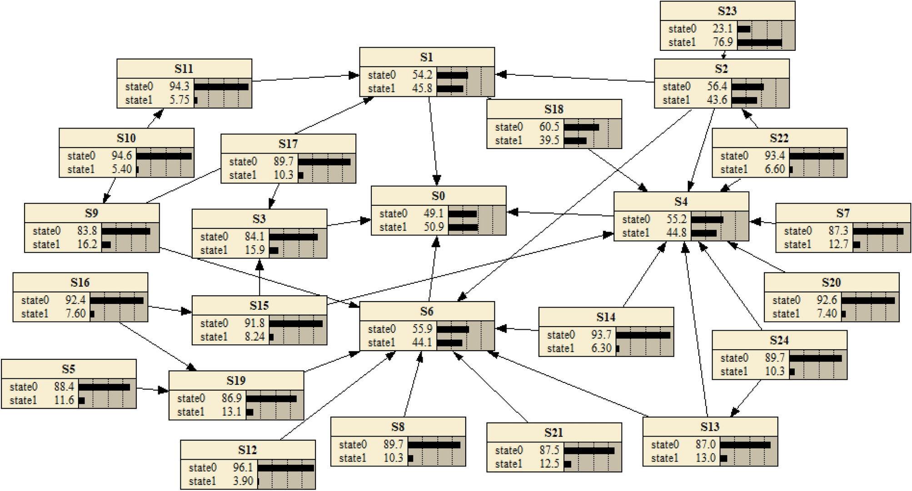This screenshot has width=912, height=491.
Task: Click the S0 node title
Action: point(438,196)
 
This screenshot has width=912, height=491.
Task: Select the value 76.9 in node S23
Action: point(723,42)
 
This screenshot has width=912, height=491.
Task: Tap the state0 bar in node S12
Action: point(285,468)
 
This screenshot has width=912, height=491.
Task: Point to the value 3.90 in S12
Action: point(243,481)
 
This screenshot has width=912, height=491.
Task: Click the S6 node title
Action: point(427,311)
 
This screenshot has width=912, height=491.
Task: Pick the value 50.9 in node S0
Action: point(434,227)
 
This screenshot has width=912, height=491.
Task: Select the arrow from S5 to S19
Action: point(152,389)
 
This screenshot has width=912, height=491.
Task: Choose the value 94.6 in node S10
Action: point(122,156)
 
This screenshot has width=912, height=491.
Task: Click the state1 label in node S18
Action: point(509,141)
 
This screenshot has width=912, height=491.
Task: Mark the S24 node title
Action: point(779,340)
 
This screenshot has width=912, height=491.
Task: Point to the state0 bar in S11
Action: point(221,87)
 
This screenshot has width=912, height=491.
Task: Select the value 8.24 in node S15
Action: point(255,337)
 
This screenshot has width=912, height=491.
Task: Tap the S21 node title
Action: point(553,432)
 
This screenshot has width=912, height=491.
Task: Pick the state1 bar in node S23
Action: point(759,43)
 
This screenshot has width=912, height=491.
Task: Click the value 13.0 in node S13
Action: point(705,458)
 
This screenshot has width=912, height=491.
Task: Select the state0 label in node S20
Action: point(786,300)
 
